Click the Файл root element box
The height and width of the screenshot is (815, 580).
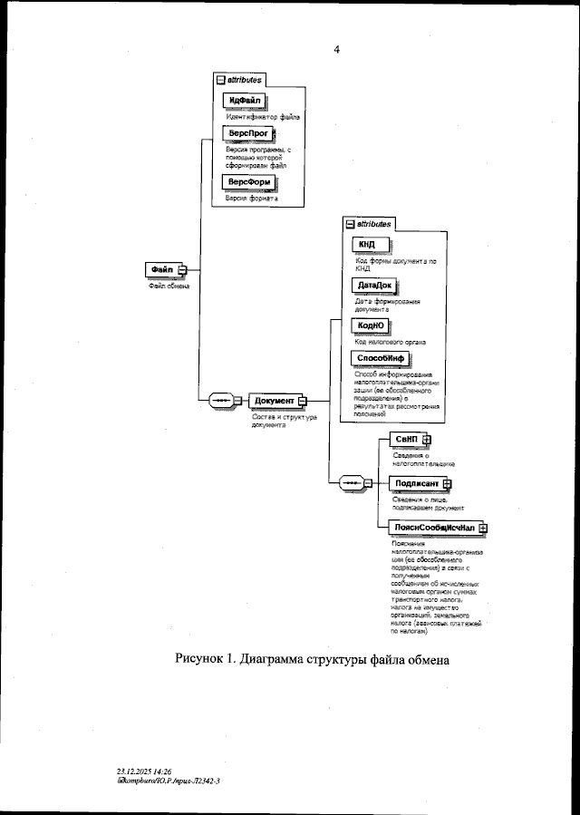[162, 269]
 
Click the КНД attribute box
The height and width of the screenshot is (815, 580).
[367, 245]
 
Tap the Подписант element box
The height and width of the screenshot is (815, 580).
[416, 484]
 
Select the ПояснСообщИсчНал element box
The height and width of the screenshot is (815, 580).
[430, 527]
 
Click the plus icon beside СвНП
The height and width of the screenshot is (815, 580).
[427, 441]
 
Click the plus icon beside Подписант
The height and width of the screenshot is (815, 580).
[447, 484]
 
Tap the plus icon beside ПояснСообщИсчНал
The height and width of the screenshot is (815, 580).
[483, 527]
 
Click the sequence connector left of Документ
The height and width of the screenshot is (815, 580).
[222, 402]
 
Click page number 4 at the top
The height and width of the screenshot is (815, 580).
[336, 51]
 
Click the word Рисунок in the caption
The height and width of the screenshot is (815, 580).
[204, 659]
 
